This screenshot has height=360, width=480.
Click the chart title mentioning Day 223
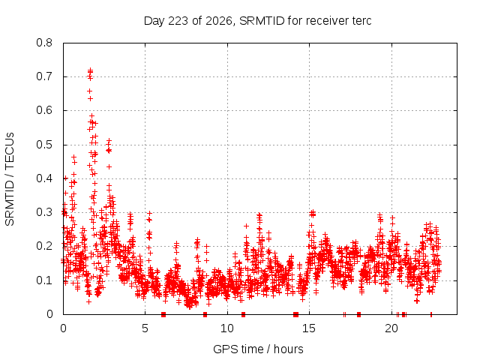[258, 21]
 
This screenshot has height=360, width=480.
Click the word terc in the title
[361, 21]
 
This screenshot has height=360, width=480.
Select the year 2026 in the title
[219, 21]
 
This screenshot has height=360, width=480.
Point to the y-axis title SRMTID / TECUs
[10, 179]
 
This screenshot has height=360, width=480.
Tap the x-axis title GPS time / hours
[258, 349]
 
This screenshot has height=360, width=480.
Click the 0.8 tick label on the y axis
[44, 43]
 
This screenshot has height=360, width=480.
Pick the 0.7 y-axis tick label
[44, 76]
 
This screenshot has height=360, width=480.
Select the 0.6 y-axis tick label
[44, 110]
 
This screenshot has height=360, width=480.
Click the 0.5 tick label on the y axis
[44, 145]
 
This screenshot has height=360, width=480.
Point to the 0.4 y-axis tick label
[44, 178]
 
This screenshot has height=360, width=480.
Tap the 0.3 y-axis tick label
[44, 212]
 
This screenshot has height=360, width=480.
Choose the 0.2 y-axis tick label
[44, 246]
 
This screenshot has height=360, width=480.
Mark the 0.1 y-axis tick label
[44, 280]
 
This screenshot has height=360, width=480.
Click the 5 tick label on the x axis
[145, 328]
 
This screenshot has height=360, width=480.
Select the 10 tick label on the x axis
[227, 328]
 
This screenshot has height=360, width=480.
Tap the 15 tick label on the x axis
[309, 328]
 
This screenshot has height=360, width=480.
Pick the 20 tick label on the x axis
[391, 328]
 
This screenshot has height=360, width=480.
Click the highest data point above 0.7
[90, 70]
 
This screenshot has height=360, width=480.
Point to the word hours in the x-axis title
[288, 349]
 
